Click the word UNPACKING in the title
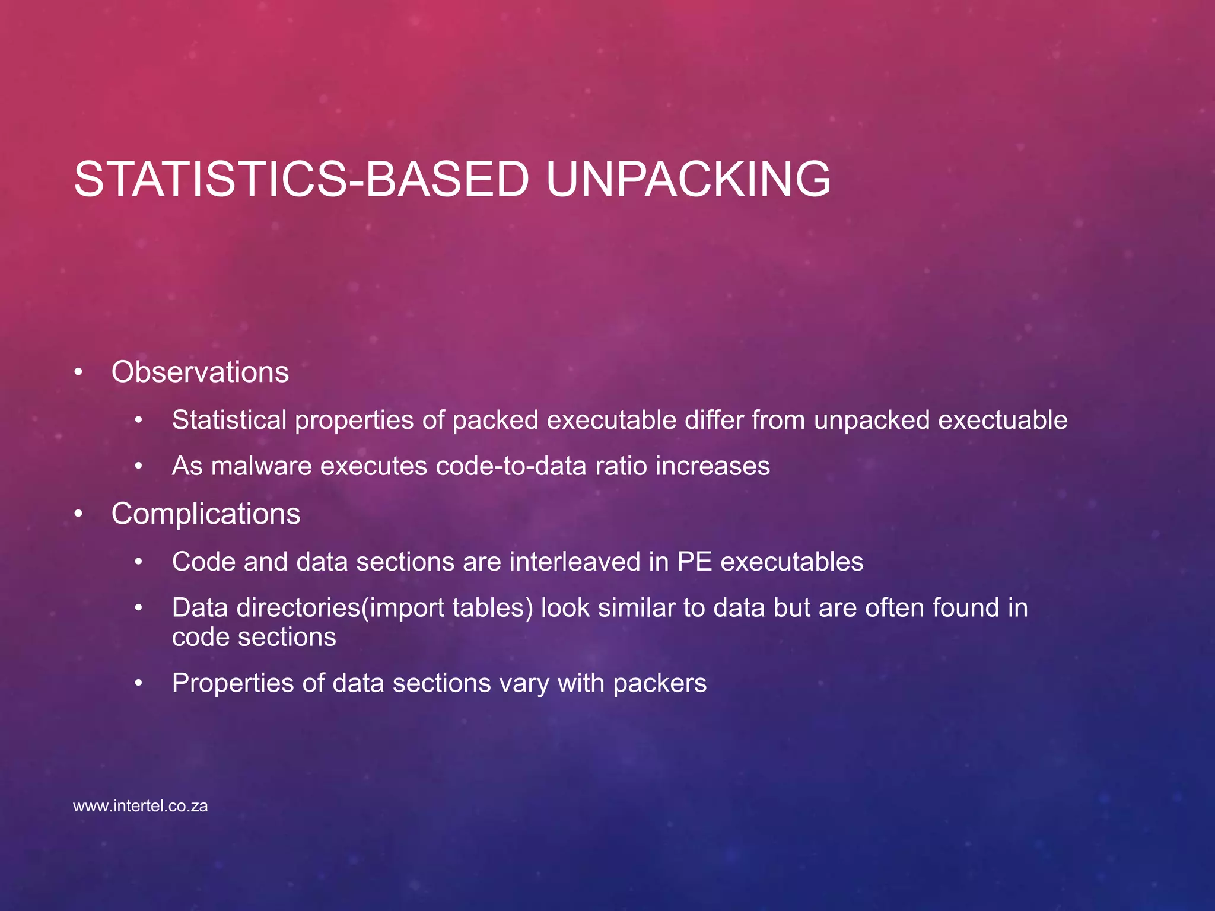click(x=688, y=179)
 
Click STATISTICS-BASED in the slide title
click(x=301, y=179)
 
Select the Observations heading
click(x=200, y=372)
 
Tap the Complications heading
click(x=206, y=514)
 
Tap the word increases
click(x=713, y=466)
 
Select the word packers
click(x=660, y=683)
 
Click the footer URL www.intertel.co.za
click(x=141, y=807)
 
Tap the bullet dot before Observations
click(x=78, y=373)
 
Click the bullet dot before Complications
click(x=78, y=514)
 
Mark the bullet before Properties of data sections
click(x=139, y=684)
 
